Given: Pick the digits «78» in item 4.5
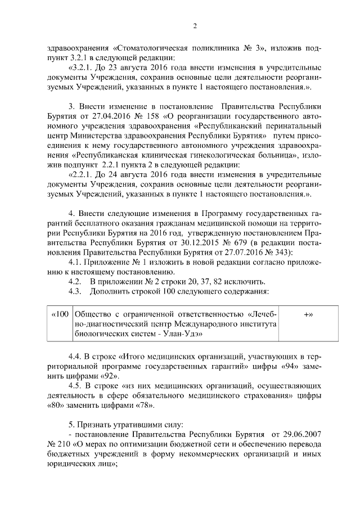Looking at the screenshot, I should (144, 405).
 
